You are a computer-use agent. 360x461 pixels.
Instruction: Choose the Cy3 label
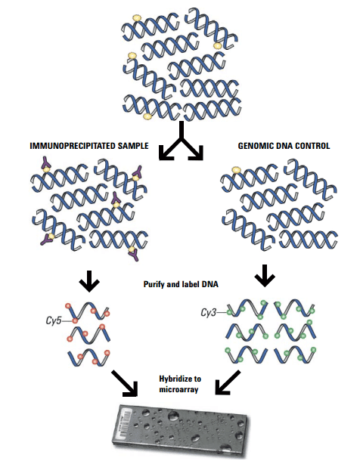click(210, 311)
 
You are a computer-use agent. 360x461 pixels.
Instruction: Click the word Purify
click(156, 285)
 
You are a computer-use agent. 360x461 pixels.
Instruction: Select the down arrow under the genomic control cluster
click(265, 277)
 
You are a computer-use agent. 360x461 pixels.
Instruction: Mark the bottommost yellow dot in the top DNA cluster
click(147, 116)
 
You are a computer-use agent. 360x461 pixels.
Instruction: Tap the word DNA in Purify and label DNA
click(209, 285)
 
